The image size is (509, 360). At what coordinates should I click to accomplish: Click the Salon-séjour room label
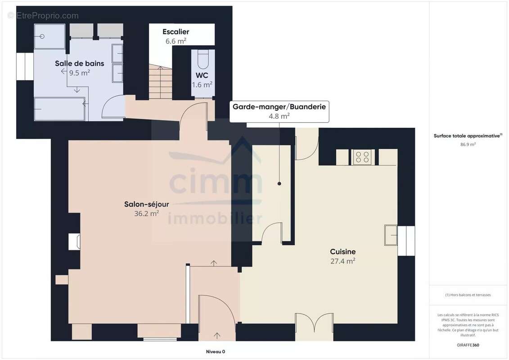[x=146, y=204]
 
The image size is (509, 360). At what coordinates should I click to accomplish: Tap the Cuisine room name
[x=342, y=252]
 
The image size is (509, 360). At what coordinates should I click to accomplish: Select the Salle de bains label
[x=80, y=63]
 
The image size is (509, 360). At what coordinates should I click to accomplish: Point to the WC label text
[x=202, y=75]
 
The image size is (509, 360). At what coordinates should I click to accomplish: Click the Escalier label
[x=176, y=32]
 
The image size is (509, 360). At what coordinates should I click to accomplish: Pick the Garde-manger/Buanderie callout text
[x=279, y=107]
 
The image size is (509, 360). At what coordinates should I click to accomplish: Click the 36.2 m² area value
[x=146, y=213]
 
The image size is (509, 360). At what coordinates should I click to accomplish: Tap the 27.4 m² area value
[x=342, y=261]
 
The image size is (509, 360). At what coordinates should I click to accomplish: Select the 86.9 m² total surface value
[x=468, y=144]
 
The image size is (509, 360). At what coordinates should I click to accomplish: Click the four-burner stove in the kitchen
[x=362, y=157]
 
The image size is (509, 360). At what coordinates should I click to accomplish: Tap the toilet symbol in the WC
[x=203, y=59]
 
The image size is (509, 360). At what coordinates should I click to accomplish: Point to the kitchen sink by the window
[x=391, y=235]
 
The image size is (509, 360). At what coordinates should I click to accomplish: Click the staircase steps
[x=160, y=82]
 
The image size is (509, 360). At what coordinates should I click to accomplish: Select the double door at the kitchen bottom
[x=314, y=323]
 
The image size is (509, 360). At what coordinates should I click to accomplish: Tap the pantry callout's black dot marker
[x=279, y=184]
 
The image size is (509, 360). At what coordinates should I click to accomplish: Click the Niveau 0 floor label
[x=216, y=351]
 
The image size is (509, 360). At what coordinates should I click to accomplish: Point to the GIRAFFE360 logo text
[x=468, y=345]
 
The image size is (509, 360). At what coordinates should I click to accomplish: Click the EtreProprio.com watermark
[x=43, y=16]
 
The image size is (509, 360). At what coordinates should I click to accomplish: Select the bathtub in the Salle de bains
[x=59, y=109]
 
